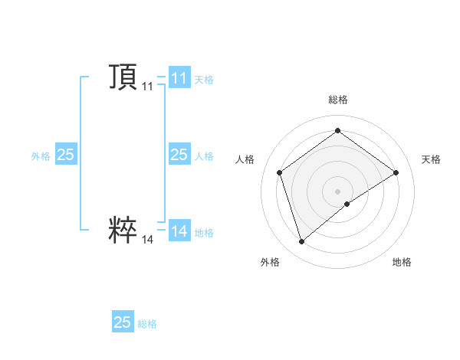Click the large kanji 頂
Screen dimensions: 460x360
point(123,77)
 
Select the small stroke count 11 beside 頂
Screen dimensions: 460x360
point(147,87)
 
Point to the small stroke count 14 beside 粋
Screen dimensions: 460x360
point(147,240)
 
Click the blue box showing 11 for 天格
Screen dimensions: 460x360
point(179,78)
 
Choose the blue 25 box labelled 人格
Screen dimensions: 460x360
point(179,155)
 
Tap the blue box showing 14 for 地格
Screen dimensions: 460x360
point(179,231)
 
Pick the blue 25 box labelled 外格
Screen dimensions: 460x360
point(66,155)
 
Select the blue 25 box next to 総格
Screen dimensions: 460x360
point(123,322)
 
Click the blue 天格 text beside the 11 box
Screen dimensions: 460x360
point(204,79)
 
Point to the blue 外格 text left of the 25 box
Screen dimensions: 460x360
point(41,155)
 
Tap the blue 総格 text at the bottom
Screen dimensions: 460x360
point(147,323)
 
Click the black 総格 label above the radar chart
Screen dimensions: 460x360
point(337,100)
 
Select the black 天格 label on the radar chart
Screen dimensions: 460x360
point(431,159)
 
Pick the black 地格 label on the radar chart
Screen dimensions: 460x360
point(402,262)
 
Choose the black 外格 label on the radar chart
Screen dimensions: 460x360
point(270,262)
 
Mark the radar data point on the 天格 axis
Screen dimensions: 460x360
point(396,172)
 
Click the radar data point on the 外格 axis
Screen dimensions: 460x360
point(301,242)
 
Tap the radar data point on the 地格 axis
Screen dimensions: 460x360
point(347,204)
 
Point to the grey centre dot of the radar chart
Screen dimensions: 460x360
point(337,191)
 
